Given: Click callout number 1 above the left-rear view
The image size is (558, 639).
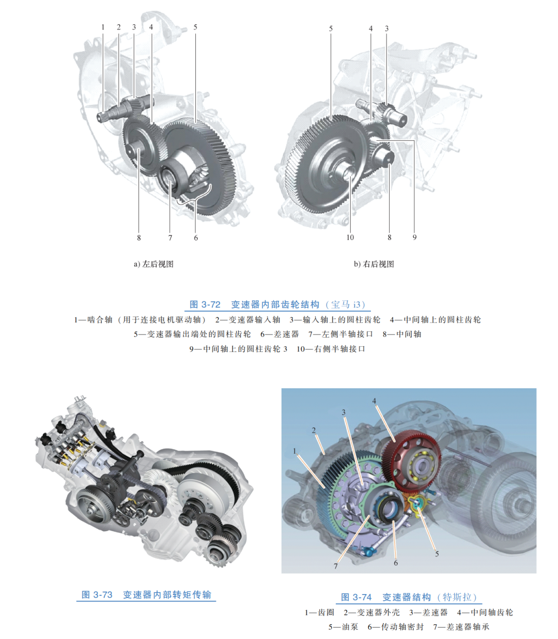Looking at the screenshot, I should pos(103,27).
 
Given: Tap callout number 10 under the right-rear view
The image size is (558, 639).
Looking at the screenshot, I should pos(350,237).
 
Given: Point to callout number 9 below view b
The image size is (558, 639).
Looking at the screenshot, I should pos(414,237).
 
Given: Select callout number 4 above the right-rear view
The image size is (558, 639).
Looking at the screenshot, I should pos(370,28).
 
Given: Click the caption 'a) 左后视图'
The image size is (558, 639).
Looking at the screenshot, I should pos(153,264).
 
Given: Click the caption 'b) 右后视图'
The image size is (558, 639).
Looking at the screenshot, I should pos(374,264).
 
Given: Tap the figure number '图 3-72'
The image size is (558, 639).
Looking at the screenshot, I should pos(205,305).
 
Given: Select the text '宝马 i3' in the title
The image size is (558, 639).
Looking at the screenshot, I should pos(348,305).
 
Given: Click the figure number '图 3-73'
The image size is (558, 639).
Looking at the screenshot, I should pos(97,595).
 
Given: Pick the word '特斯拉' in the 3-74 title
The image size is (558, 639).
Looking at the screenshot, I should pos(457,597).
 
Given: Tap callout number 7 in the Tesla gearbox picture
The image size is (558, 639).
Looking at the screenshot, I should pos(336,566).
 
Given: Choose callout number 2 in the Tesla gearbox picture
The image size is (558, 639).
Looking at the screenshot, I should pos(314,430).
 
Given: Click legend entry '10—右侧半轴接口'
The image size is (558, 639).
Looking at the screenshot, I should pos(331,349).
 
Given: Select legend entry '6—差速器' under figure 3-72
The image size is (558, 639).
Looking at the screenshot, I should pos(280,334).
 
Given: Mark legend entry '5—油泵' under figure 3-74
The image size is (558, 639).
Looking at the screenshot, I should pos(343,627).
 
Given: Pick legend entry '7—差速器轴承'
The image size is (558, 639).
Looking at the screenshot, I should pos(461,627).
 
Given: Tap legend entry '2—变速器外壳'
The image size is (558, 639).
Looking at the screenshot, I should pos(371,612).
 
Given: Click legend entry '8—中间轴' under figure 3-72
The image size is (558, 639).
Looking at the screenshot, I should pos(402,334).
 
